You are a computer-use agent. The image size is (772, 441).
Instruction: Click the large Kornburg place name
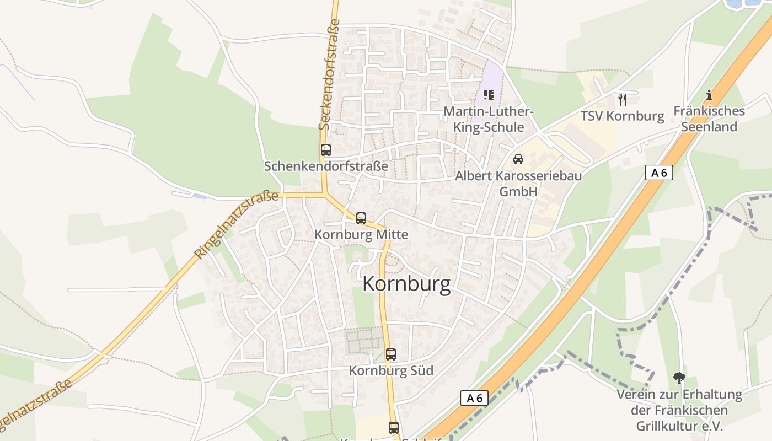coord(406,284)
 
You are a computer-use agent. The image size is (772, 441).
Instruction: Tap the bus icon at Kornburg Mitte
coord(361,218)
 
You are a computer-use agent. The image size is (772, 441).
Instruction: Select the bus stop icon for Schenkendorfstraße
coord(326,150)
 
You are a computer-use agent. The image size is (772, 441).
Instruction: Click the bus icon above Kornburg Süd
coord(391,354)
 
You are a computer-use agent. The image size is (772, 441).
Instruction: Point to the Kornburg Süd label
coord(391,370)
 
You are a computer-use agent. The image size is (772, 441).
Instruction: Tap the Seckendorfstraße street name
coord(329,74)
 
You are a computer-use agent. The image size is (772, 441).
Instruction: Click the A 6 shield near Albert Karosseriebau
coord(658,173)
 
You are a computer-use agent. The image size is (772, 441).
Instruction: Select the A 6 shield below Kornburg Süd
coord(474,398)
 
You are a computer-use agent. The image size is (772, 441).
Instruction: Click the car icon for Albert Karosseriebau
coord(518,159)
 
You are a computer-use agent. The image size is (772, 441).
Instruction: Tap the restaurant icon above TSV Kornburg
coord(623,100)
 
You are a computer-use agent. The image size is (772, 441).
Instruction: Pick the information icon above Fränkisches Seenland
coord(709,95)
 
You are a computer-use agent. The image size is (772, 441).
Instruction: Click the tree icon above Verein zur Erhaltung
coord(679,378)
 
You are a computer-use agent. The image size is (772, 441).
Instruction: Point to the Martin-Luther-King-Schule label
coord(489,120)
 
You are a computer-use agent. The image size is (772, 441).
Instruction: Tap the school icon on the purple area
coord(488,95)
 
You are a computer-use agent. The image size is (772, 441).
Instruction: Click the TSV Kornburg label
coord(622,116)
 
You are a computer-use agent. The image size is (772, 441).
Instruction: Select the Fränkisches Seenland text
coord(709,119)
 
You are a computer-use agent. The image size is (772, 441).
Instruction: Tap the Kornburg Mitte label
coord(361,235)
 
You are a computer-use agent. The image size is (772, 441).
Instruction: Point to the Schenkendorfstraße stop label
coord(326,166)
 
